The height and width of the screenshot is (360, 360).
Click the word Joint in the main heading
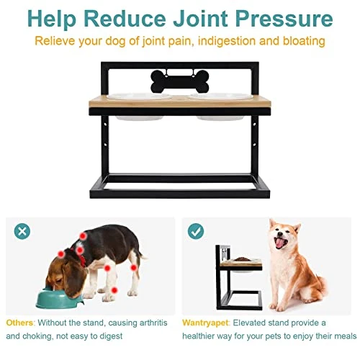pyautogui.click(x=200, y=19)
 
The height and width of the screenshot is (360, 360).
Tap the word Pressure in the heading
pyautogui.click(x=284, y=19)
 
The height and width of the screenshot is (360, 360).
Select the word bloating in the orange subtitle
pyautogui.click(x=304, y=41)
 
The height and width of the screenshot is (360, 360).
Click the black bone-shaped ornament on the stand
pyautogui.click(x=180, y=81)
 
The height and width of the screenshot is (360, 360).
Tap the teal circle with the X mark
pyautogui.click(x=22, y=231)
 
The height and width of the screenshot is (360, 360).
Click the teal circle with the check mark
pyautogui.click(x=196, y=231)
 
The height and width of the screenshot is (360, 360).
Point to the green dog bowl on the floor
pyautogui.click(x=59, y=297)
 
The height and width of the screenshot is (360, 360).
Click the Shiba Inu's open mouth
pyautogui.click(x=282, y=242)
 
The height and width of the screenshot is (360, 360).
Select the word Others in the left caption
pyautogui.click(x=19, y=323)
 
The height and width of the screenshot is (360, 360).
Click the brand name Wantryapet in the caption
pyautogui.click(x=205, y=323)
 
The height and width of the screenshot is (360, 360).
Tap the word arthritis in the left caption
pyautogui.click(x=153, y=323)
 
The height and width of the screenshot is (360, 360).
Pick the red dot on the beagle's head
pyautogui.click(x=61, y=253)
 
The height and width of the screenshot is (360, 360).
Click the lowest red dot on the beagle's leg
pyautogui.click(x=114, y=290)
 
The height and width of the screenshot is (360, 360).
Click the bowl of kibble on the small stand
pyautogui.click(x=242, y=259)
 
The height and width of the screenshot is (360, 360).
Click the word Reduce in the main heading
pyautogui.click(x=125, y=19)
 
